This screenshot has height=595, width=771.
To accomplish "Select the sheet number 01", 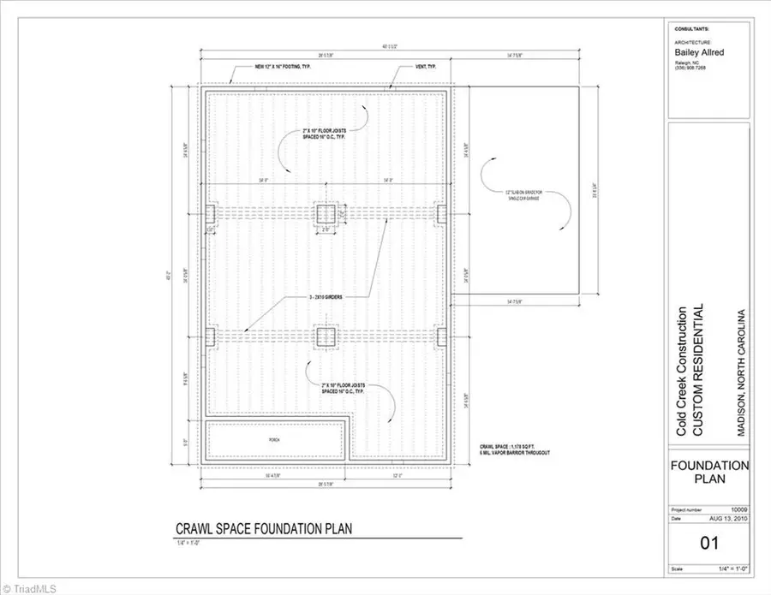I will (708, 543).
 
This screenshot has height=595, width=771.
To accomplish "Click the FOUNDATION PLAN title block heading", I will (708, 472).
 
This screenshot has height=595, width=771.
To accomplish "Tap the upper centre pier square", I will (326, 213).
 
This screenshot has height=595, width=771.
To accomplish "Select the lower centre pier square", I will (326, 336).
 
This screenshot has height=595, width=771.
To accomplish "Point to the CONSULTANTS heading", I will (692, 28).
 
